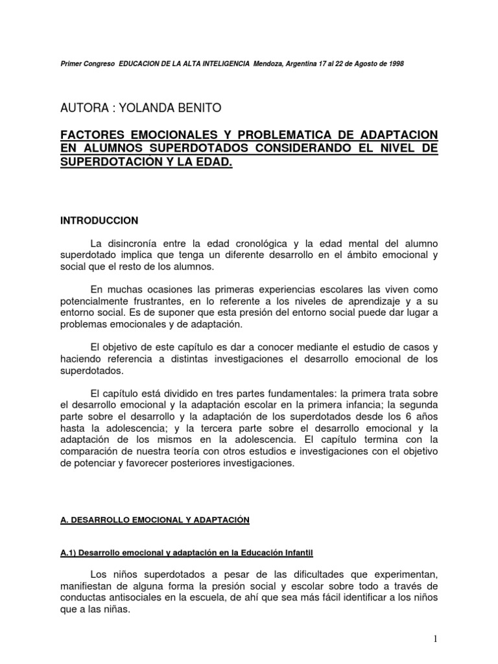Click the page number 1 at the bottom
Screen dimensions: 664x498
click(436, 639)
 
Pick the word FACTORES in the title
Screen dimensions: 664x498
click(95, 135)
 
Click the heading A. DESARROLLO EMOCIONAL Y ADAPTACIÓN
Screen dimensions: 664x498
click(155, 520)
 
